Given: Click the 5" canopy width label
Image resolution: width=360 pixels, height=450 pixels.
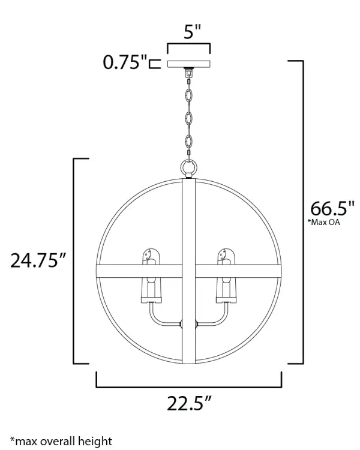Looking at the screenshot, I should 188,32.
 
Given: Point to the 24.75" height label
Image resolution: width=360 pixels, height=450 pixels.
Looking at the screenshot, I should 38,261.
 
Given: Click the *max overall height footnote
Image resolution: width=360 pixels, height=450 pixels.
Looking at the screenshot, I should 61,442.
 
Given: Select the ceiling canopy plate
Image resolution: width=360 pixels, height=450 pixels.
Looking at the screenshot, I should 189,64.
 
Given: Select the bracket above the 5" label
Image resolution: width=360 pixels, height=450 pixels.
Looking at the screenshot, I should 188,47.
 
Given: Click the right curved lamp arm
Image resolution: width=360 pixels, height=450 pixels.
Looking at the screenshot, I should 217,318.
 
